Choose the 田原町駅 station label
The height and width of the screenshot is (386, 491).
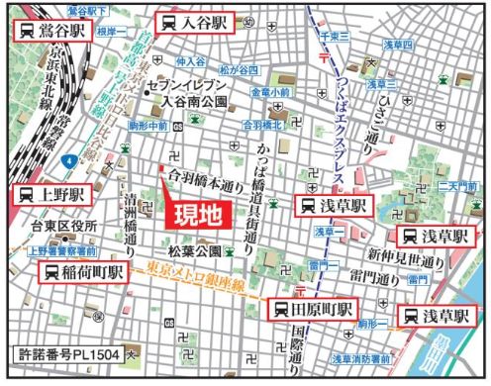click(x=314, y=310)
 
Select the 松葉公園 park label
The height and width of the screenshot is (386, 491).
click(x=191, y=251)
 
